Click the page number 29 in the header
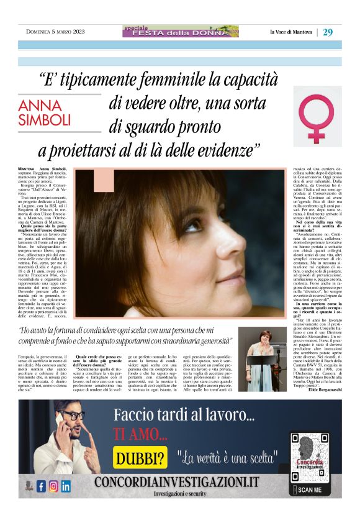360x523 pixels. click(328, 32)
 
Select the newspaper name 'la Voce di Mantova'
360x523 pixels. click(291, 32)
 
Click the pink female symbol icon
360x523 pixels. click(317, 116)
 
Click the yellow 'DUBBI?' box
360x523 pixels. click(141, 458)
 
